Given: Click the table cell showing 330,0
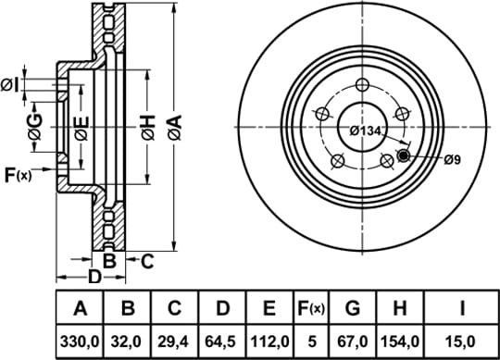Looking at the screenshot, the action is coord(80,341).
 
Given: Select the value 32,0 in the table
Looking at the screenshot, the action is coord(126,341).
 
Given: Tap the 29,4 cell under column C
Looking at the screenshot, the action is coord(173,341).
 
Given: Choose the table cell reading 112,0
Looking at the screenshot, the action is coord(270,341).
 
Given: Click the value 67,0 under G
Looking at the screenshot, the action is coord(353,341).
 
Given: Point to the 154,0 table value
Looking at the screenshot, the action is coord(400,341).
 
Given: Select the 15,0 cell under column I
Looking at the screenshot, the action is coord(462,341).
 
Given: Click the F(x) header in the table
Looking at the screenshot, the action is coord(310,308).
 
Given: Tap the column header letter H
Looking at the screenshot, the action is coord(400,308).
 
